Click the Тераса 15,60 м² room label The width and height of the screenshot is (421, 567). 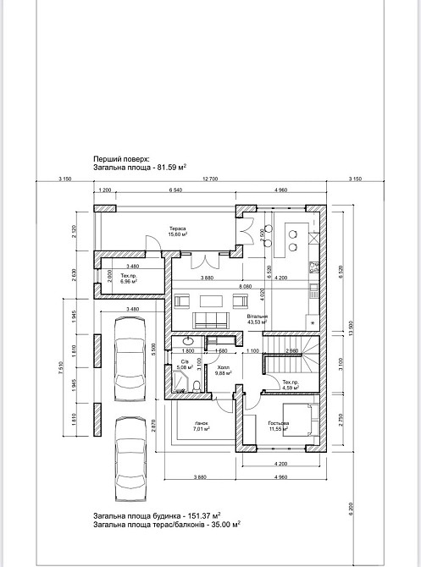pyautogui.click(x=178, y=232)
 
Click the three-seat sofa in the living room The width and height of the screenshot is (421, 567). pyautogui.click(x=212, y=319)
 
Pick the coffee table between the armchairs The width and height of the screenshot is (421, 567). pyautogui.click(x=213, y=300)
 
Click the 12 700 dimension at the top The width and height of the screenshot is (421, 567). pyautogui.click(x=210, y=179)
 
